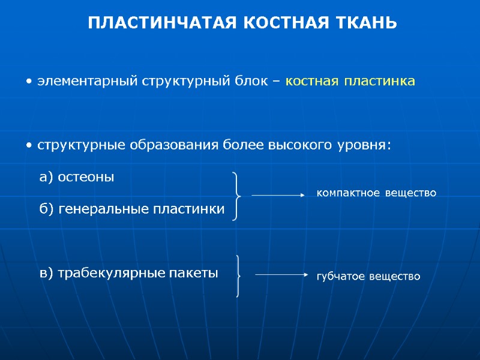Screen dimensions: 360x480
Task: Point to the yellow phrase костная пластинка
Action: click(x=350, y=80)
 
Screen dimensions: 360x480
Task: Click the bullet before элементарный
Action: click(x=30, y=81)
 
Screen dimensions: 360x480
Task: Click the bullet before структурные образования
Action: click(x=30, y=146)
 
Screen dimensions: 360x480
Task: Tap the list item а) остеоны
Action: click(x=76, y=177)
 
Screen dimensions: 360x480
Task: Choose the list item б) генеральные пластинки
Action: click(x=132, y=209)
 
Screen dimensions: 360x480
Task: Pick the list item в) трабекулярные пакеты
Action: click(x=128, y=273)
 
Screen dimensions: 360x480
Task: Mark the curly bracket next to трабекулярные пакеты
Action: click(x=239, y=275)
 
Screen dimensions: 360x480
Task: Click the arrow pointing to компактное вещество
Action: click(x=279, y=194)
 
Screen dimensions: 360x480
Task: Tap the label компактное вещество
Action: click(x=376, y=193)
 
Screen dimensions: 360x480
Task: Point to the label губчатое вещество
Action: click(x=368, y=277)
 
